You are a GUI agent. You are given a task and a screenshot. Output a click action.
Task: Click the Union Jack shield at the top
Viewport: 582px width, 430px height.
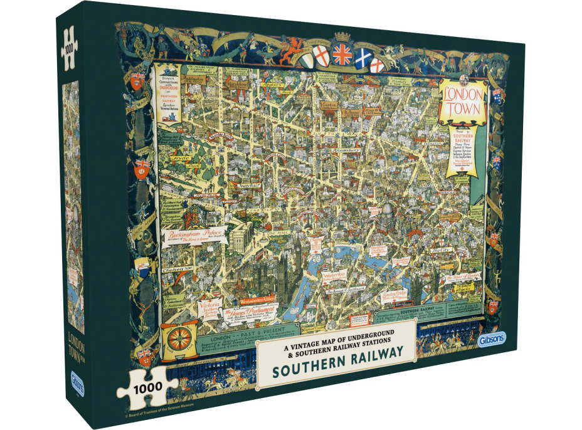pyautogui.click(x=342, y=54)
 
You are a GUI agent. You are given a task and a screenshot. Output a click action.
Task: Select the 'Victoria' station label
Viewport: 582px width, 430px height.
pyautogui.click(x=210, y=307)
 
